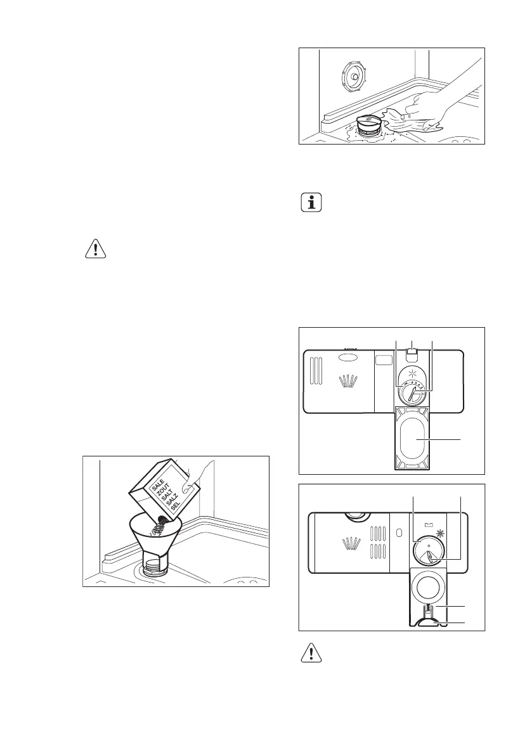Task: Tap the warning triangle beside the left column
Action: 95,249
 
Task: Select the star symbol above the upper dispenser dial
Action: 413,371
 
